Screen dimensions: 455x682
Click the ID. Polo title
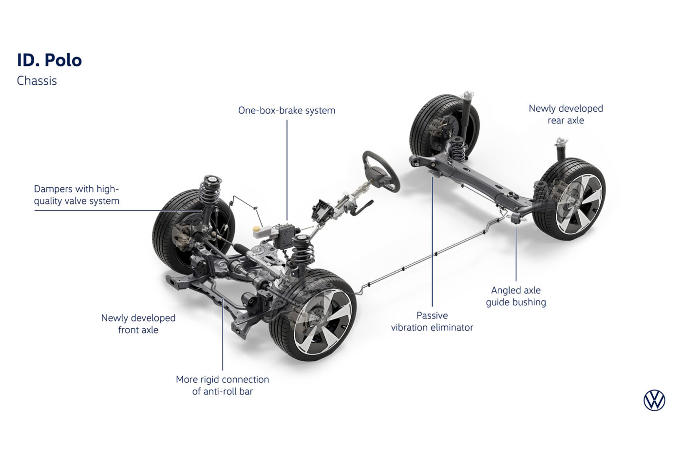[49, 60]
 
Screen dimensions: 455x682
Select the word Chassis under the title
[37, 81]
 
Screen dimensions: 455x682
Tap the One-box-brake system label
[286, 111]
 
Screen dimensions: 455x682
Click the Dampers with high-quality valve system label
[76, 195]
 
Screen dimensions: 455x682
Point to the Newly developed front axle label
[138, 324]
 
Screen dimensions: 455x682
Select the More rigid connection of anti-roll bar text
[222, 385]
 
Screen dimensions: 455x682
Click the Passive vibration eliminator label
[432, 321]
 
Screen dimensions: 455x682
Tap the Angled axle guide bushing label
[516, 296]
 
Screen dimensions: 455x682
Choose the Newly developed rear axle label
[566, 115]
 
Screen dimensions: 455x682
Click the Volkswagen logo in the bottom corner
[654, 400]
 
